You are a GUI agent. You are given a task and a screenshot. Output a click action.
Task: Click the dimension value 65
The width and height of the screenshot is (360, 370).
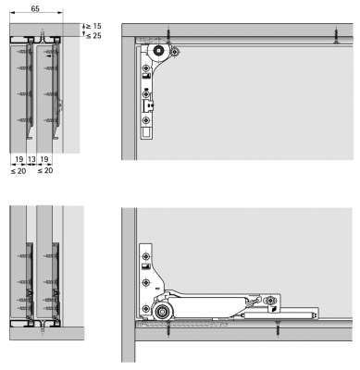tap(35, 8)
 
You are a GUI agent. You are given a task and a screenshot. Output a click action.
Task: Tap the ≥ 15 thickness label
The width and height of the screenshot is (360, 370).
tap(93, 26)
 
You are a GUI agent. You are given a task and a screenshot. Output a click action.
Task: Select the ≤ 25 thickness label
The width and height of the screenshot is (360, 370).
tap(93, 36)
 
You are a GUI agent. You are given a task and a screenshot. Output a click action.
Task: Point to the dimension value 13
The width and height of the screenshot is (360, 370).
tap(31, 159)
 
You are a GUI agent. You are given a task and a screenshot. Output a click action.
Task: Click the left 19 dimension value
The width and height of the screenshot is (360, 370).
tap(19, 159)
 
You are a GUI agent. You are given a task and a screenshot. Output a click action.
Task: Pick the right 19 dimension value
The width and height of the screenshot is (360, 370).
tap(44, 159)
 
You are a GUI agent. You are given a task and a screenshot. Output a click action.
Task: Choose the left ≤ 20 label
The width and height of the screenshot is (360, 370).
tap(19, 170)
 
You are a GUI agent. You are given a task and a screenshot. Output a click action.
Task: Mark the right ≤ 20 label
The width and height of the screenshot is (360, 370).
tap(45, 170)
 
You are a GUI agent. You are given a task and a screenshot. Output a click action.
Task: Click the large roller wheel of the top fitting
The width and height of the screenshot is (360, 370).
tap(158, 50)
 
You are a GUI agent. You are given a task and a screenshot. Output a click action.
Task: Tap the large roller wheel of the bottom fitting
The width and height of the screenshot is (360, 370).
tap(161, 313)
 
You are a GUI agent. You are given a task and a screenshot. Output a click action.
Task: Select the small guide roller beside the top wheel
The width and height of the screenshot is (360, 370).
tap(175, 52)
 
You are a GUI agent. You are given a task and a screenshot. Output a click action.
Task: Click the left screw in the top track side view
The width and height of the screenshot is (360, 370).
tap(168, 35)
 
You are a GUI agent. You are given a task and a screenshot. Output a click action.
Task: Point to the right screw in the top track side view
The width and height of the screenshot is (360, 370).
tap(337, 35)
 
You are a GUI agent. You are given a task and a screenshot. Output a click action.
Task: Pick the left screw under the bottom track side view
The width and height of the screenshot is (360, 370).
tap(168, 328)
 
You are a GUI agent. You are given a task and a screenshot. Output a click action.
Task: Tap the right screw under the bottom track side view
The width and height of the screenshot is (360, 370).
tap(279, 328)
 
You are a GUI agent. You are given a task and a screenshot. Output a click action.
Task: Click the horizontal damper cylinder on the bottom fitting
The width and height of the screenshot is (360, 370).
tap(279, 315)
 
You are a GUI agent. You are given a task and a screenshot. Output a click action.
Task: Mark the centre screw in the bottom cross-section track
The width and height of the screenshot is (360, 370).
tap(43, 327)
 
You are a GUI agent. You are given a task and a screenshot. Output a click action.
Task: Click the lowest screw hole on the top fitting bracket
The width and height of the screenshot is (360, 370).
tap(146, 120)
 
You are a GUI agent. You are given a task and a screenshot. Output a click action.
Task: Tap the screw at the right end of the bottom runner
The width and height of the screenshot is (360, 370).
tap(270, 300)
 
